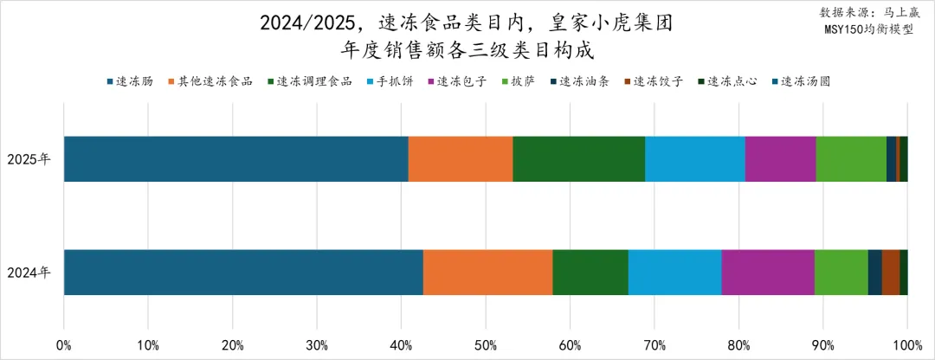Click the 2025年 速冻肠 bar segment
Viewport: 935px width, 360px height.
tap(235, 158)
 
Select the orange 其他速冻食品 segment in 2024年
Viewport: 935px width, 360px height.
tap(487, 272)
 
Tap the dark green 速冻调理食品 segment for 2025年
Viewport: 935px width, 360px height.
tap(578, 158)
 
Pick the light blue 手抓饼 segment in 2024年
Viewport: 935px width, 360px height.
tap(674, 272)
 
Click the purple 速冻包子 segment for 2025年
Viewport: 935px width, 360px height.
tap(780, 158)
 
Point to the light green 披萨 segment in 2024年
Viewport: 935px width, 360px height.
tap(841, 272)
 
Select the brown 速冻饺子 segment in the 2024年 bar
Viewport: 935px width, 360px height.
tap(890, 272)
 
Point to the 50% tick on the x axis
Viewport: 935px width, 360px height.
tap(486, 345)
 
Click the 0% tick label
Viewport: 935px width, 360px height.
tap(64, 345)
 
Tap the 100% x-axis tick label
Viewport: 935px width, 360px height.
tap(906, 345)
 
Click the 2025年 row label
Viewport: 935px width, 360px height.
tap(29, 159)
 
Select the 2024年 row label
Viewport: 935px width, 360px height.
tap(29, 273)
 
